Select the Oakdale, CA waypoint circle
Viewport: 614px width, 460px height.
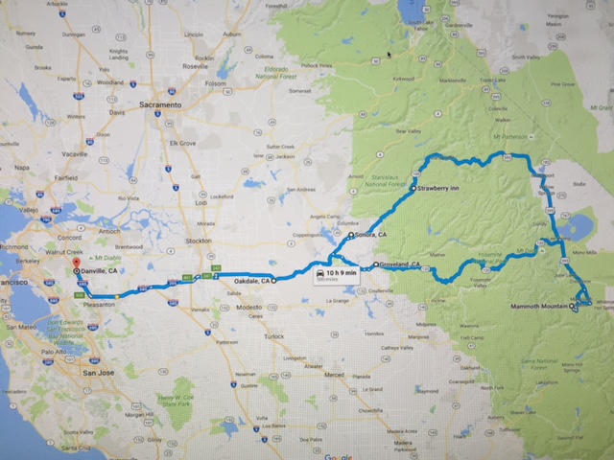tap(273, 281)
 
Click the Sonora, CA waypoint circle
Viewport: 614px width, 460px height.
tap(351, 235)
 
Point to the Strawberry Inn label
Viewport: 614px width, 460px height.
tap(440, 189)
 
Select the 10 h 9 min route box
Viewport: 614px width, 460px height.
tap(336, 274)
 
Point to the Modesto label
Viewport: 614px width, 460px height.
tap(249, 307)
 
